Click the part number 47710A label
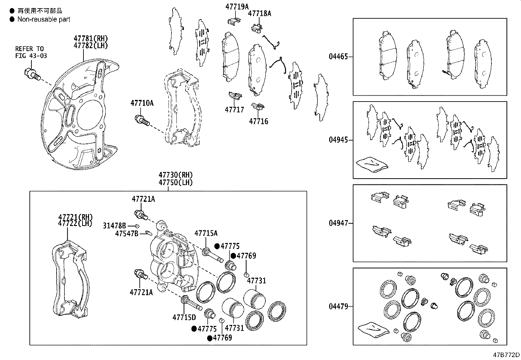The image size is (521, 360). pos(142,103)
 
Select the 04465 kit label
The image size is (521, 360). pos(338,57)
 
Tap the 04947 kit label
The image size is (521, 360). pos(338,223)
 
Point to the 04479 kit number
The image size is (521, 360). pos(338,307)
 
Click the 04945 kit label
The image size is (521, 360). pos(338,140)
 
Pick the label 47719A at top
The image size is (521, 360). pos(237,6)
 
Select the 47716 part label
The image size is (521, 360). pos(258,122)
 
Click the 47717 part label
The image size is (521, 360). pos(234,110)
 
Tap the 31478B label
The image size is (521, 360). pos(114,225)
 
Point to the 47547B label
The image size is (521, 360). pos(127,233)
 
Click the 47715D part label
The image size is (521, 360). pos(184,317)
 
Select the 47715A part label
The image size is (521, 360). pos(206,233)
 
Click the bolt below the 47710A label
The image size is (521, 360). pos(142,121)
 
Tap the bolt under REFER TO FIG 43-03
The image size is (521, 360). pos(32,74)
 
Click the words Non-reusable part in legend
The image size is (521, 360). pos(44,19)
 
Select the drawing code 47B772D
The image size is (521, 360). pos(507,355)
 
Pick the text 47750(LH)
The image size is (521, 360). pos(175,182)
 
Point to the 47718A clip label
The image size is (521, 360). pos(260,13)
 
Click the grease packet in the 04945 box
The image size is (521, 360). pos(372,164)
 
